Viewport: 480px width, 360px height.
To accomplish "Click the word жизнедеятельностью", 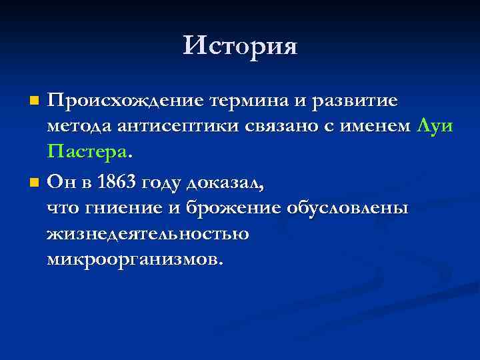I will pyautogui.click(x=147, y=235).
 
